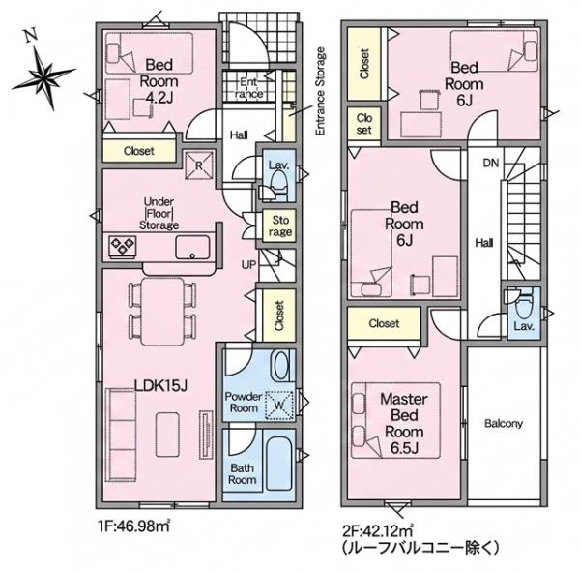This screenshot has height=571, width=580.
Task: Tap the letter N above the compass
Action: point(31,35)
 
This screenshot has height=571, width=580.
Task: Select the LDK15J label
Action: point(160,386)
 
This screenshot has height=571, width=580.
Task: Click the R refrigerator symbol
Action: point(199,165)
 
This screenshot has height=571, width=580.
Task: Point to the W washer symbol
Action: point(279,406)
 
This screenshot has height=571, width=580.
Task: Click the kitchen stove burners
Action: point(123,246)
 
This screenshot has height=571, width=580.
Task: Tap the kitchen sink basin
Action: point(192,248)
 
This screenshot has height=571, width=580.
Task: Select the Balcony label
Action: point(504,423)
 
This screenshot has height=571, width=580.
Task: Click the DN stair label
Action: point(491,163)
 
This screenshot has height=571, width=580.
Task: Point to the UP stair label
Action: point(248,265)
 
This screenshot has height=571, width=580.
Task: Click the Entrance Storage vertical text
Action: point(320,91)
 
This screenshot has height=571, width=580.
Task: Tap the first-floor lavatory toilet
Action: point(278,183)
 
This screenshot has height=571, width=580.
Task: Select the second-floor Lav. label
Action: point(524,326)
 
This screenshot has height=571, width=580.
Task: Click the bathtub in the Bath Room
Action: point(279,466)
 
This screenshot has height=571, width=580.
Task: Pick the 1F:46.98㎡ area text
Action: point(134,526)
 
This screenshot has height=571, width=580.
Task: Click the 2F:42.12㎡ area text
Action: point(378,531)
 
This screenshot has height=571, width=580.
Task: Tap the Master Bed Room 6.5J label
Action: point(404,424)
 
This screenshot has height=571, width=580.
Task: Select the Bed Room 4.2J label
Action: point(159,80)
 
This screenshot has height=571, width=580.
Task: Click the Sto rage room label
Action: point(280,225)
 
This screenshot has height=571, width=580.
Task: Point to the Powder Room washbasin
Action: point(280,366)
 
